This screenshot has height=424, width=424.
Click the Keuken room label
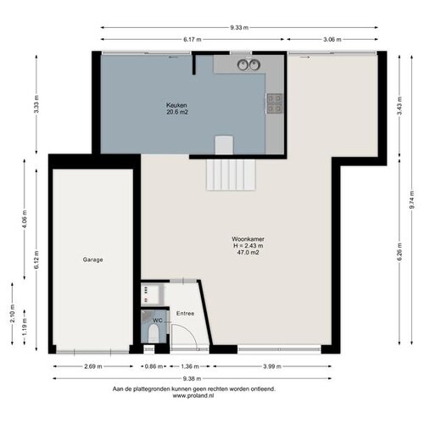[x=176, y=105]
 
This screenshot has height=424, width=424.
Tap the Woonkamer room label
[x=248, y=239]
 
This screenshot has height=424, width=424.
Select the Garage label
[x=92, y=259]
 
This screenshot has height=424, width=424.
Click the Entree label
[x=185, y=314]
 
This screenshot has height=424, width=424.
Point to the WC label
[x=158, y=321]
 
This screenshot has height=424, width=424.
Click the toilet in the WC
[x=153, y=333]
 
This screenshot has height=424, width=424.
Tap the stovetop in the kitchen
[x=275, y=103]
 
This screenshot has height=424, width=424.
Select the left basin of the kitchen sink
[x=243, y=65]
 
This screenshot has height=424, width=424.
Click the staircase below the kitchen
[x=231, y=175]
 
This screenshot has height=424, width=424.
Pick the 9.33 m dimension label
[x=239, y=28]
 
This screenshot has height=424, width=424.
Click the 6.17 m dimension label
[x=192, y=40]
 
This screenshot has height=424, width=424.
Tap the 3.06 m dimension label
[x=332, y=40]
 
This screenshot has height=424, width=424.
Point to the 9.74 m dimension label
[x=412, y=200]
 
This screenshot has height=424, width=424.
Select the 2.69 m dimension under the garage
[x=93, y=366]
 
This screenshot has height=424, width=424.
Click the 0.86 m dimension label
[x=153, y=366]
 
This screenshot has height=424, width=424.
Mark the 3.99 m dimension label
[x=272, y=366]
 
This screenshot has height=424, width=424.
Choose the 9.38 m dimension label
[x=192, y=379]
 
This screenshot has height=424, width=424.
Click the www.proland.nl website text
[x=193, y=396]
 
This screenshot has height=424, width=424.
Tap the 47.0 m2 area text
[x=248, y=253]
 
